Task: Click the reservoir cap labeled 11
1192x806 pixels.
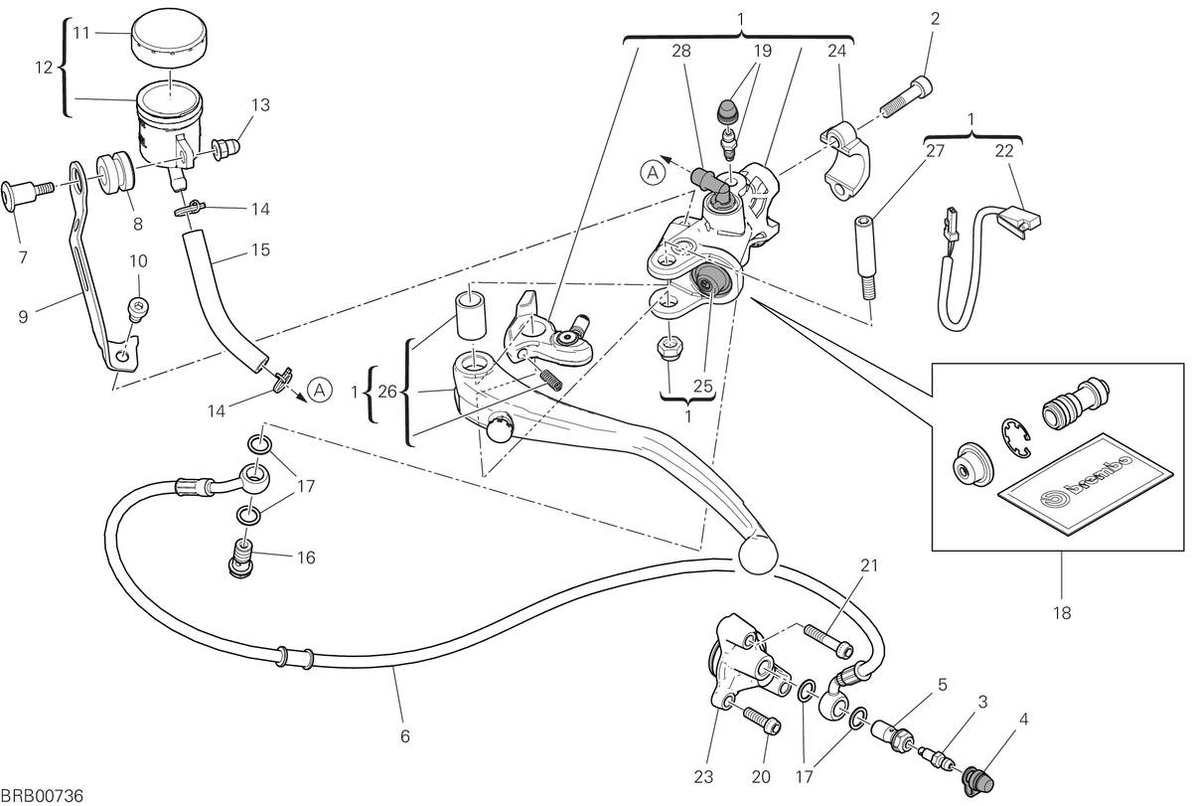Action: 169,38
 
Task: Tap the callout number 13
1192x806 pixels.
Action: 260,105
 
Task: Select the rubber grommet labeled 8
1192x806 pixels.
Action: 115,173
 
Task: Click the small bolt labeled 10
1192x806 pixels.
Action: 138,309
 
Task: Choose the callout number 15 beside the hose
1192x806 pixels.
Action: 260,249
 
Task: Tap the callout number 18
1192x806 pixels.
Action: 1062,613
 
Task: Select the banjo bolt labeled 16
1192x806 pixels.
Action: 241,559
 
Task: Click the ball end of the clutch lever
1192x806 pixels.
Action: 758,556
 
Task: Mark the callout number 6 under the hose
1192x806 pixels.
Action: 405,736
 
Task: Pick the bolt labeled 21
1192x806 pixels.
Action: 829,640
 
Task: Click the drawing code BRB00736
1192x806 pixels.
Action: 43,796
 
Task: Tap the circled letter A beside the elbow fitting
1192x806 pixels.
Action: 653,173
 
